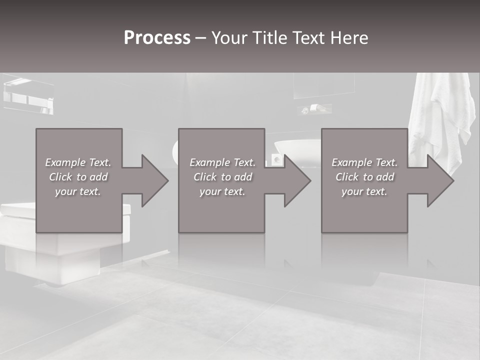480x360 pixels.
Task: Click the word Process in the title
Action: tap(157, 38)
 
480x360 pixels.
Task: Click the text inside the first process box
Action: tap(78, 177)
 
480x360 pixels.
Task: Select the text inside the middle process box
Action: tap(222, 177)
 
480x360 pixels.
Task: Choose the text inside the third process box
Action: tap(364, 177)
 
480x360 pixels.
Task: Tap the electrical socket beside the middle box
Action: tap(276, 159)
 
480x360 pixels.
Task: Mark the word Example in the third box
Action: tap(351, 162)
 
